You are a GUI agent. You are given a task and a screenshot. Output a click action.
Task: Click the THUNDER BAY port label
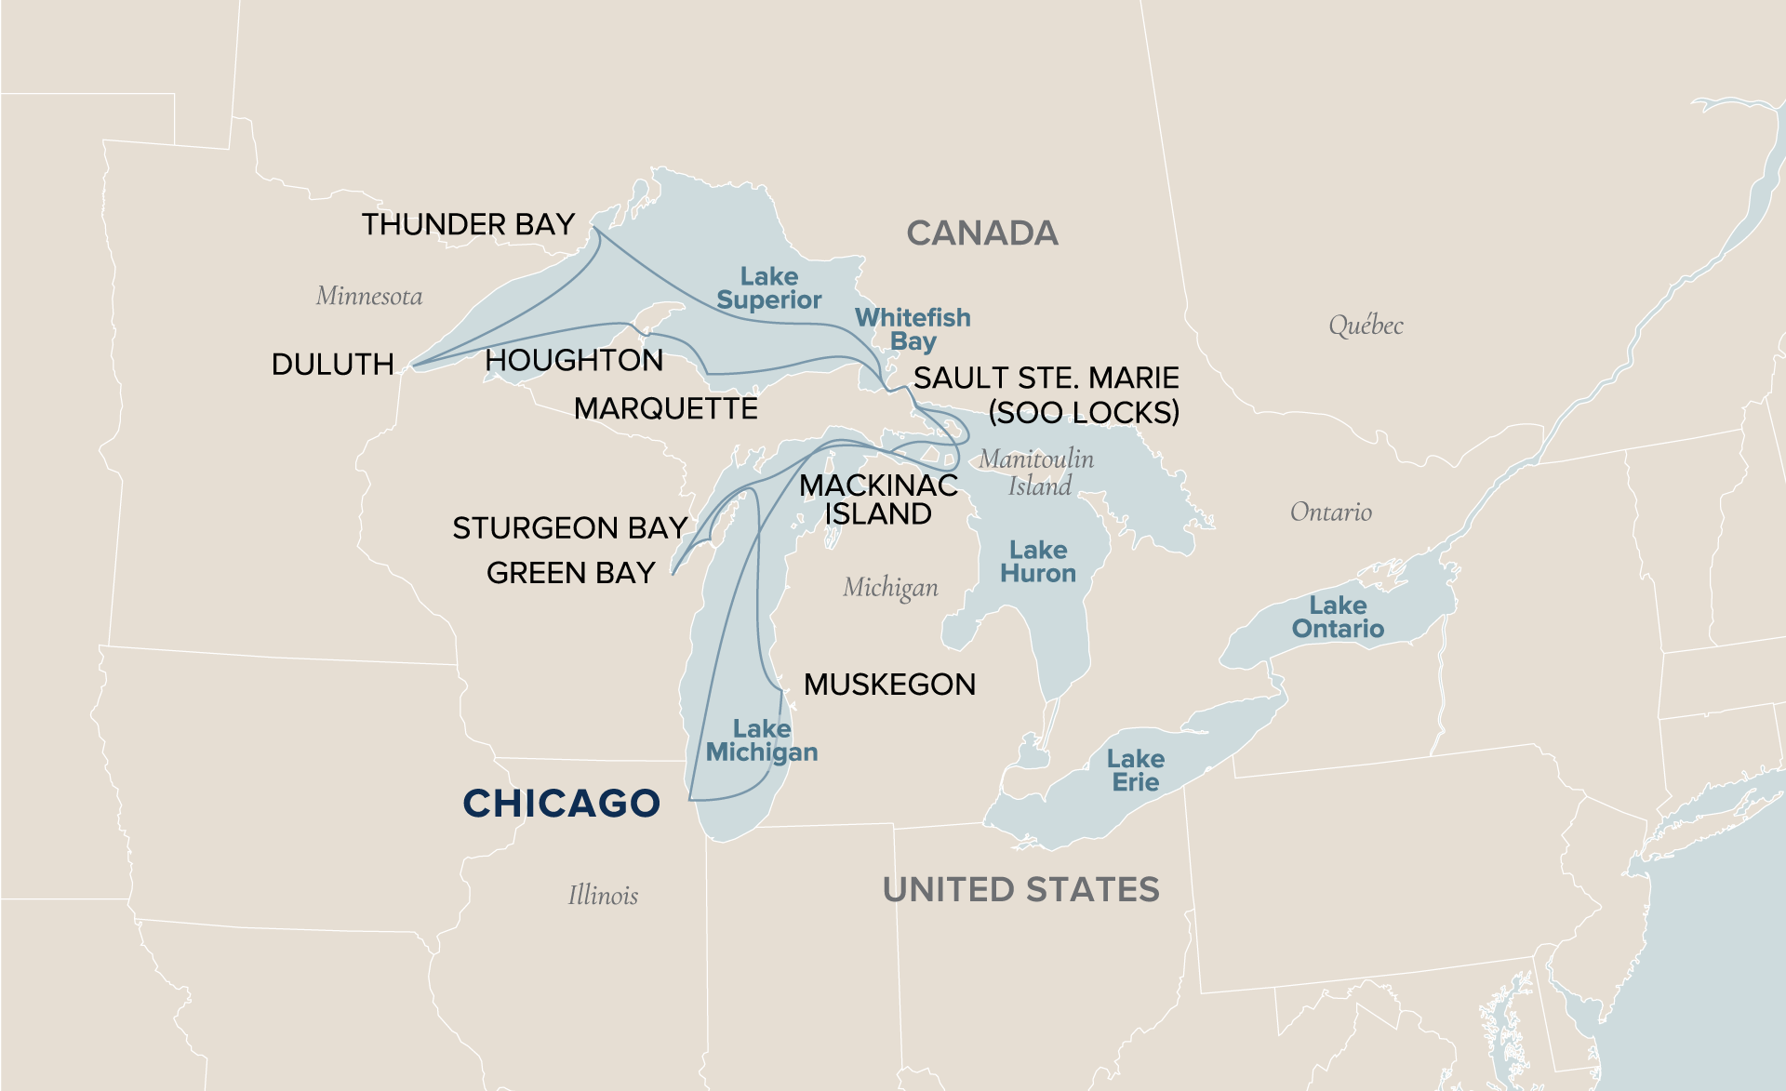click(x=468, y=224)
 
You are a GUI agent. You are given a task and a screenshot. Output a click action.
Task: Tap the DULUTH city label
click(x=332, y=364)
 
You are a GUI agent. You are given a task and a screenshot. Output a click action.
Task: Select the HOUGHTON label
click(x=574, y=360)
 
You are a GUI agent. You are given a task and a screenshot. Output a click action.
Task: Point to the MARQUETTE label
click(x=665, y=408)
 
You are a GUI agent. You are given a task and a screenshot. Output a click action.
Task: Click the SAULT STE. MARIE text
click(x=1046, y=378)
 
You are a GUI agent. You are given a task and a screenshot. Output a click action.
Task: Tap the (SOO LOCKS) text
click(x=1083, y=412)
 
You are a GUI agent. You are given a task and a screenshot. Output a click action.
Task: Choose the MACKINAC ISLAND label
click(x=878, y=499)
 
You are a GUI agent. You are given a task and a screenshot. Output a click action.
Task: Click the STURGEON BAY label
click(x=569, y=527)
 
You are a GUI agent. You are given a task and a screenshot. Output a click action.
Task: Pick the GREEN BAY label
click(x=570, y=573)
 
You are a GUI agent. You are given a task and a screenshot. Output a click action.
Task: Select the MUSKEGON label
click(x=889, y=685)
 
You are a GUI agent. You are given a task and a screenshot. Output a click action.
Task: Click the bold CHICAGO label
click(x=561, y=804)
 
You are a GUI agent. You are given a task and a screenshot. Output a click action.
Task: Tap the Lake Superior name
click(x=768, y=288)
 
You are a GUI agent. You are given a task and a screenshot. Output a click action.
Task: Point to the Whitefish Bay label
click(x=913, y=329)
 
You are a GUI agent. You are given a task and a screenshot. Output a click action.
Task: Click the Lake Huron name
click(x=1038, y=562)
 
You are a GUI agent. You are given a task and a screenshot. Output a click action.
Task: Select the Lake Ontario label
click(x=1338, y=618)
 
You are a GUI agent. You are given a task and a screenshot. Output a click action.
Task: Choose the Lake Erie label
click(x=1136, y=771)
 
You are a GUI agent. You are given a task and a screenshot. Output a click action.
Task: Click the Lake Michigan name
click(x=762, y=740)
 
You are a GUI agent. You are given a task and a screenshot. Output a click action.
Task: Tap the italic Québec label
click(x=1365, y=326)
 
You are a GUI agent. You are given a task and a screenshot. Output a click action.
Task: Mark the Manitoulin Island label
click(x=1037, y=472)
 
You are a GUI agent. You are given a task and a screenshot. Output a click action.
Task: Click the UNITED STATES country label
click(x=1020, y=889)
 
